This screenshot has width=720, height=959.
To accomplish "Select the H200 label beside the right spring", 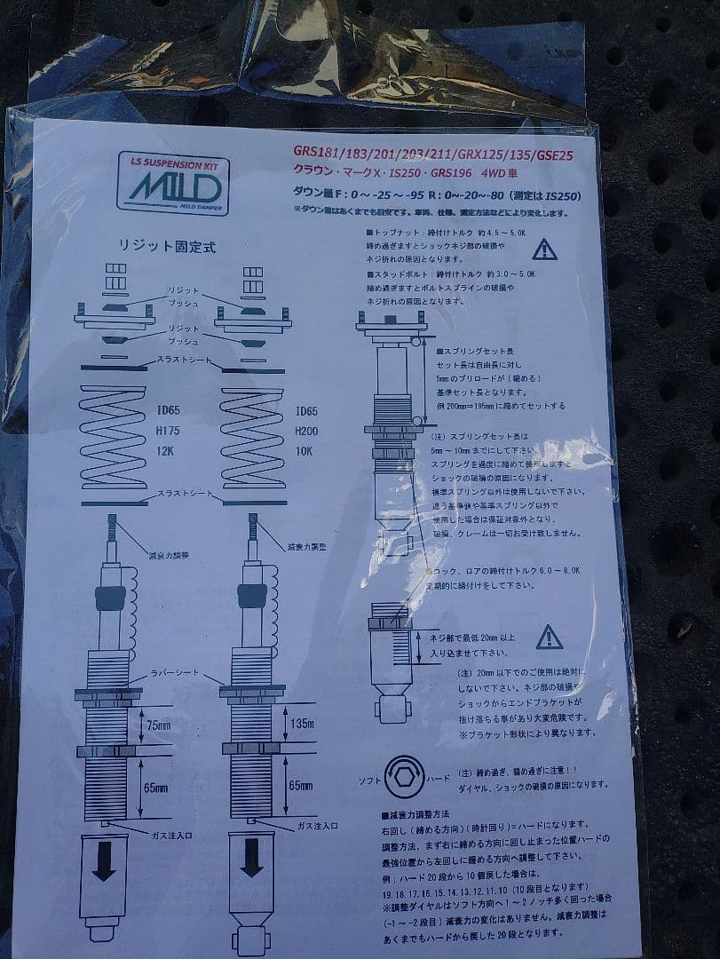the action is coord(308,433).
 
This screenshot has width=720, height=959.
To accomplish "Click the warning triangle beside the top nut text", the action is coord(544,250).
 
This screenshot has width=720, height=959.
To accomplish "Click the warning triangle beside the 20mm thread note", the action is coord(550,636).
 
